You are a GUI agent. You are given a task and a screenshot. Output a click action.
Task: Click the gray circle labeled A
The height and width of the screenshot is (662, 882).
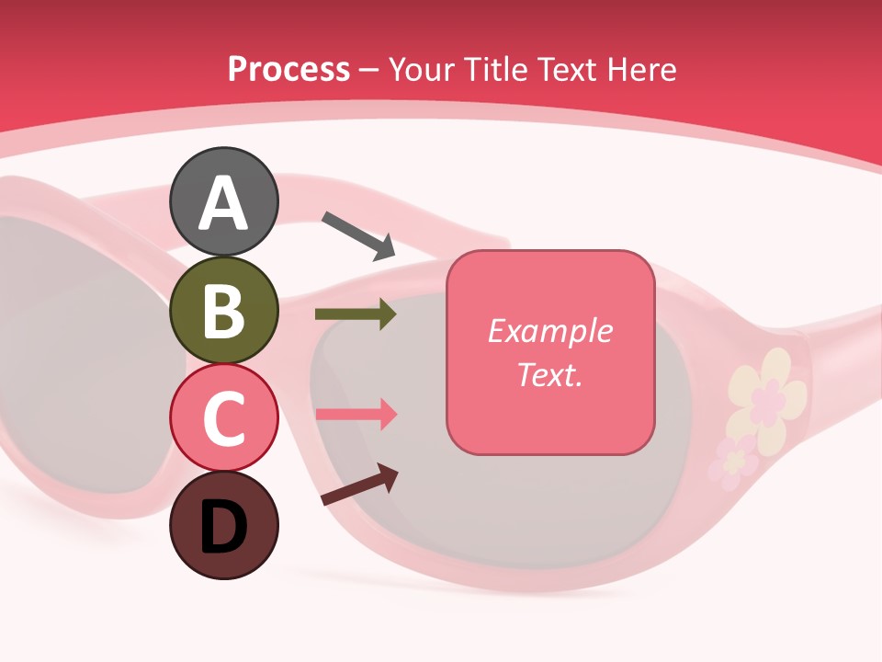pos(223,201)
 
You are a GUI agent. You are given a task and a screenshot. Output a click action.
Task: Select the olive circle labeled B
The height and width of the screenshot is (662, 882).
pos(223,310)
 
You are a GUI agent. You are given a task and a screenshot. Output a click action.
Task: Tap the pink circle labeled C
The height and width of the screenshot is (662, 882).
pos(223,417)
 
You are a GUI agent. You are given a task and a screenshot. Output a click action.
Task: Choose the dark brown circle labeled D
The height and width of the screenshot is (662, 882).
pos(223,525)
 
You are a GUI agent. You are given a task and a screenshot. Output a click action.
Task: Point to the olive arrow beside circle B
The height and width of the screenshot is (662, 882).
pos(356,314)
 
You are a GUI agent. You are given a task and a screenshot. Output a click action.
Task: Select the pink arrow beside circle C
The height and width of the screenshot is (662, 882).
pos(356,414)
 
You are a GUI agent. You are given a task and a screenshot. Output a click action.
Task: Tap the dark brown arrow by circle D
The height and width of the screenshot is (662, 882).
pos(359,485)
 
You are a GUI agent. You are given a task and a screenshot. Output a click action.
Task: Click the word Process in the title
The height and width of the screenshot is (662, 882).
pos(288,70)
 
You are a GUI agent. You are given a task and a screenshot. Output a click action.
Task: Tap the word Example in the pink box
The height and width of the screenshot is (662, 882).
pos(549,331)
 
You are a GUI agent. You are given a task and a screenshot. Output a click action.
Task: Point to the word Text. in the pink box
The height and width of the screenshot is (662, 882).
pos(549,374)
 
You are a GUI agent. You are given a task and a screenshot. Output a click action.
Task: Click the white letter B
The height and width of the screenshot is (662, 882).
pos(223,311)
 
